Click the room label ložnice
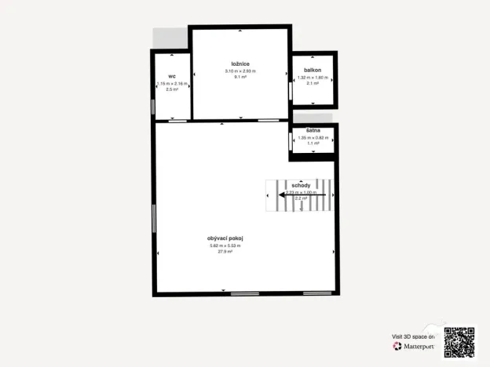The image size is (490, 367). point(240,63)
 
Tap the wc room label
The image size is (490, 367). point(171,76)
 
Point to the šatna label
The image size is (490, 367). point(312,131)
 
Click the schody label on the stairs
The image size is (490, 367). point(301,185)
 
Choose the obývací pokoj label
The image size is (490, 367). point(225,238)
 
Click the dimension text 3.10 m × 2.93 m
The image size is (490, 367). point(240,71)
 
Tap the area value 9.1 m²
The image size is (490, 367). point(240,77)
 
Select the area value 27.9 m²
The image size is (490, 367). point(225,252)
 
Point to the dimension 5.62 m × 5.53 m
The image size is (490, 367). point(225,245)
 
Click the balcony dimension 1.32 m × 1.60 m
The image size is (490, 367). point(314,78)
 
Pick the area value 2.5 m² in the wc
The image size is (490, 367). point(172,89)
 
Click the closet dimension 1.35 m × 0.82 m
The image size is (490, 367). point(312,138)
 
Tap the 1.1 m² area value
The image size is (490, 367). point(312,144)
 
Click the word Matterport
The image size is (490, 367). point(419,345)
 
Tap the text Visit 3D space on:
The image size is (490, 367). point(413,336)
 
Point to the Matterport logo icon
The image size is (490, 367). point(397,345)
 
